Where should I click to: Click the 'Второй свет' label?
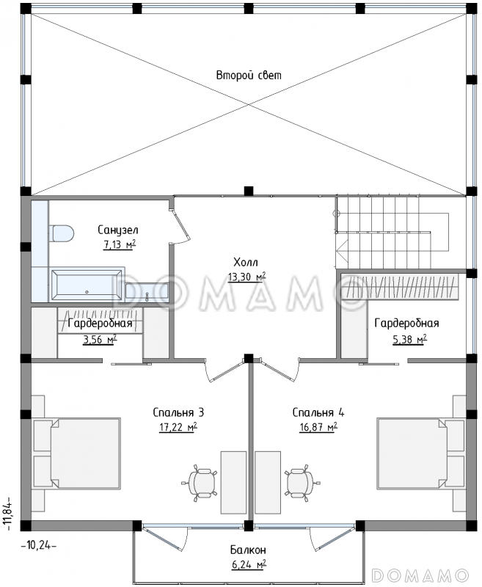pyautogui.click(x=249, y=76)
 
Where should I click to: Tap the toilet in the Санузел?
pyautogui.click(x=62, y=233)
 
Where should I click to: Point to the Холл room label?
pyautogui.click(x=246, y=262)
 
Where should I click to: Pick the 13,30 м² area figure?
pyautogui.click(x=247, y=277)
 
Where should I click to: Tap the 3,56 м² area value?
pyautogui.click(x=100, y=339)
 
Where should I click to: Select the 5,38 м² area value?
pyautogui.click(x=410, y=339)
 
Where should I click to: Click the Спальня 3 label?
pyautogui.click(x=178, y=412)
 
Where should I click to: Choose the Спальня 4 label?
pyautogui.click(x=318, y=412)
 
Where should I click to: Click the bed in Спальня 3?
pyautogui.click(x=77, y=453)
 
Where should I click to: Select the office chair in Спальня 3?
pyautogui.click(x=199, y=483)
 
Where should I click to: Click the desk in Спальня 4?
pyautogui.click(x=268, y=482)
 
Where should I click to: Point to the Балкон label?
pyautogui.click(x=248, y=550)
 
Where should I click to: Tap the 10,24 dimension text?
pyautogui.click(x=39, y=545)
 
